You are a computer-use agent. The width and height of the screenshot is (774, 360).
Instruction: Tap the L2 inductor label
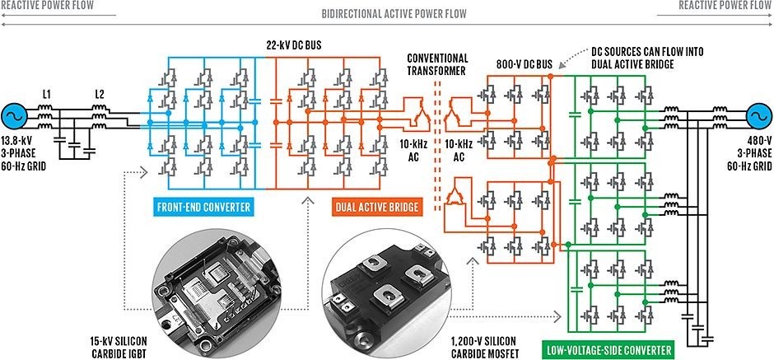[99, 93]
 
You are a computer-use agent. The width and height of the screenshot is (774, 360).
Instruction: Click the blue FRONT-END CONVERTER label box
[204, 206]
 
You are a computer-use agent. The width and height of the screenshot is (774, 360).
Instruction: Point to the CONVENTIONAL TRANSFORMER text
[437, 65]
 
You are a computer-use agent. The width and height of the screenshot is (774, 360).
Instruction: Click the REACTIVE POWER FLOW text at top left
[47, 5]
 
